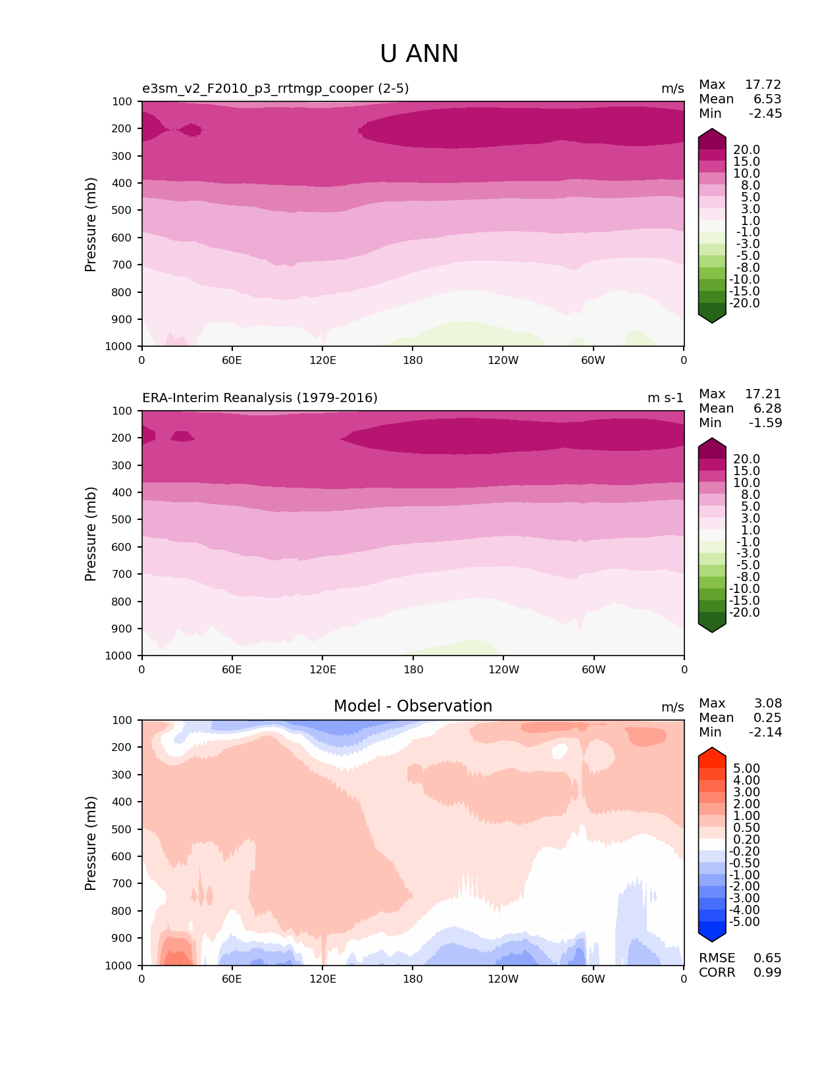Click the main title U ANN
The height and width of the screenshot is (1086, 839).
pos(419,54)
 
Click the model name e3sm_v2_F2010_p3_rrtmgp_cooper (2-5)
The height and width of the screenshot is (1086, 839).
pos(275,89)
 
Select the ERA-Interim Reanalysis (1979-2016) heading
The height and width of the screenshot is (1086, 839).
pos(260,398)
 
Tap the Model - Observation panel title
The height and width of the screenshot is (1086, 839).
pos(413,706)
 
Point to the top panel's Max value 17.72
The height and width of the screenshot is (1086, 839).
pos(763,85)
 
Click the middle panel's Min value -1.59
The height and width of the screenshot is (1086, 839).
pos(765,423)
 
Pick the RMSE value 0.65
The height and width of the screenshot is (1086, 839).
pos(767,958)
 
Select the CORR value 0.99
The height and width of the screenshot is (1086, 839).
pos(767,973)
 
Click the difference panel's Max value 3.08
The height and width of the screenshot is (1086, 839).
pos(767,704)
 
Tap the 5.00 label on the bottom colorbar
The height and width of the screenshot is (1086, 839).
pos(746,769)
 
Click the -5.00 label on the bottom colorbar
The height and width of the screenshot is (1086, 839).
pos(744,922)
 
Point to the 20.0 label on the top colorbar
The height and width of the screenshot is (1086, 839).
pos(746,150)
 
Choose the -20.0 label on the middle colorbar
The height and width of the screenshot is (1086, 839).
pos(744,613)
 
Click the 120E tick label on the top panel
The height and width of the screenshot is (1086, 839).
pos(322,361)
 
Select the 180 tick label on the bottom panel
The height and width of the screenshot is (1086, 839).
pos(413,979)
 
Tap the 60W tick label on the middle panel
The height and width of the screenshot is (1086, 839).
pos(594,670)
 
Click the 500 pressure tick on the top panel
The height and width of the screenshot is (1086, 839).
pos(123,211)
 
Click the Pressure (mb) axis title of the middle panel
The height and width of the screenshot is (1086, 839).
pos(91,534)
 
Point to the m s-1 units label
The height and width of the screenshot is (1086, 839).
pos(665,398)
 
